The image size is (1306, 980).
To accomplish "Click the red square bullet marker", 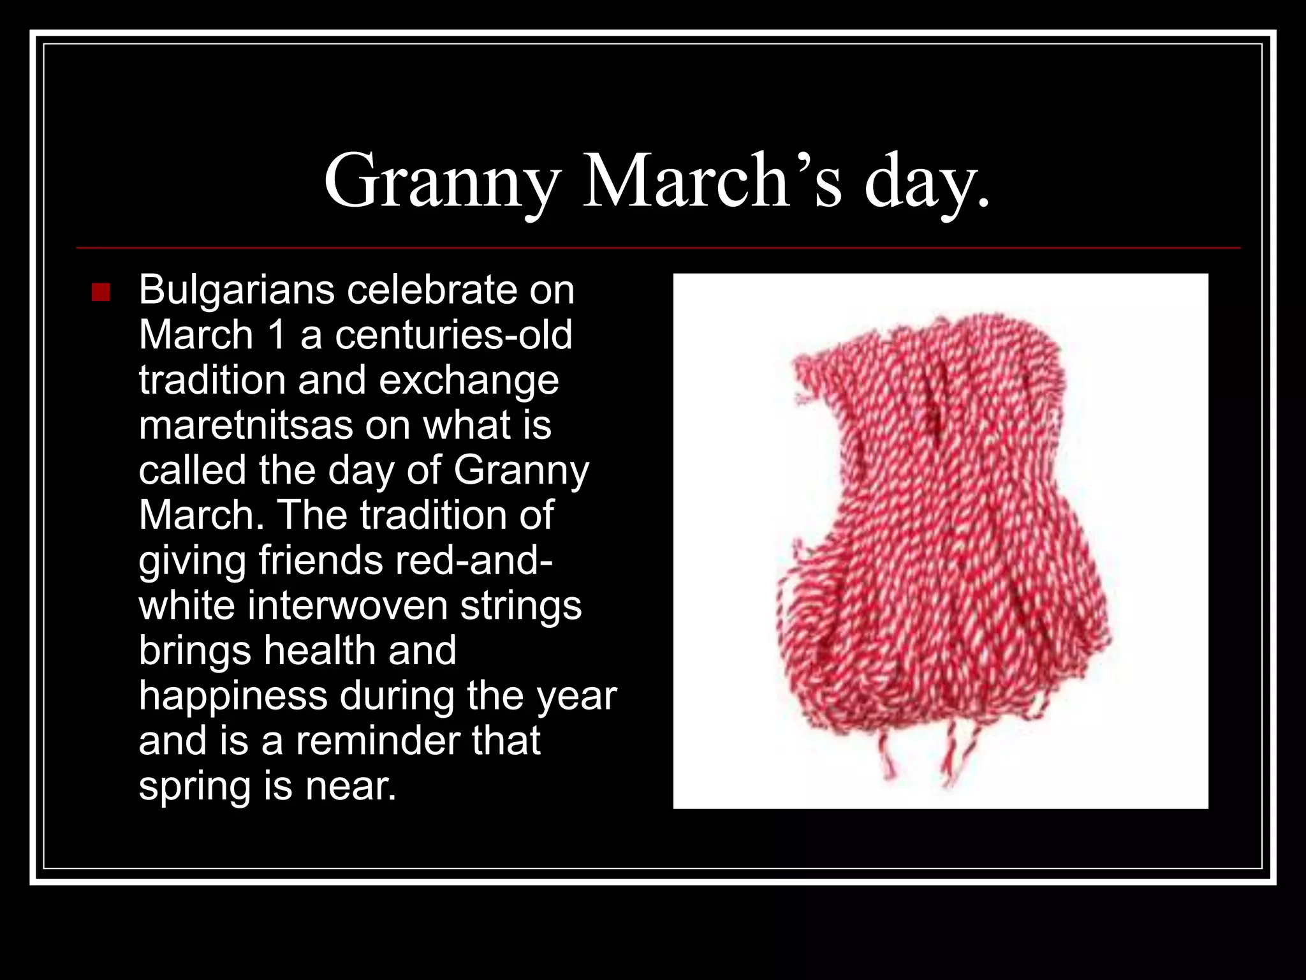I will [101, 292].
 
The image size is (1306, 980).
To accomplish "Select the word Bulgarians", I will [237, 290].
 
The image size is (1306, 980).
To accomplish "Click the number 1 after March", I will [277, 335].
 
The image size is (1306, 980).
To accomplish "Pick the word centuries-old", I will [453, 335].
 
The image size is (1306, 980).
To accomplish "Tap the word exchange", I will [469, 380].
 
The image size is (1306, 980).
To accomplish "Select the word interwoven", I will [348, 605].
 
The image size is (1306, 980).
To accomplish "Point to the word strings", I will [521, 607].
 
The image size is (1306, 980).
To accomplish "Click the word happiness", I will [233, 696].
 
